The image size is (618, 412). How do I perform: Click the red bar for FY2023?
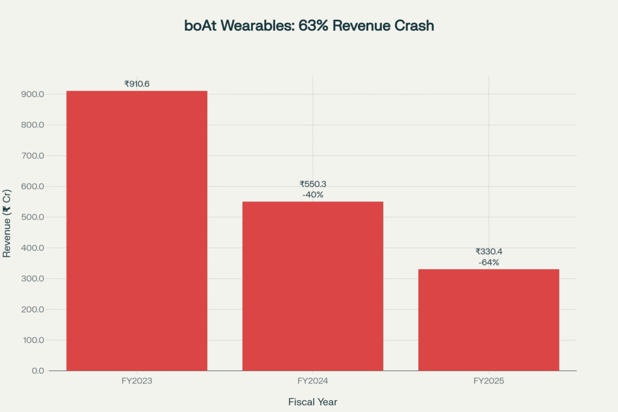tap(136, 230)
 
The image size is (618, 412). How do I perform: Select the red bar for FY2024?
tap(313, 286)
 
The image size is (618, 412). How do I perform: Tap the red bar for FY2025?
tap(488, 320)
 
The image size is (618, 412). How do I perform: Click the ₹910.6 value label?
tap(136, 84)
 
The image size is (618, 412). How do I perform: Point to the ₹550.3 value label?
tap(313, 184)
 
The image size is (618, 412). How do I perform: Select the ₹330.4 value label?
tap(489, 252)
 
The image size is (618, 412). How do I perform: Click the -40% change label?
tap(313, 195)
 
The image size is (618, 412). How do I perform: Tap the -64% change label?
tap(489, 262)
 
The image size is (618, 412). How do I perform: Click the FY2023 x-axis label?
tap(136, 381)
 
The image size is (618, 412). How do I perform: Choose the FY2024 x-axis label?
tap(313, 381)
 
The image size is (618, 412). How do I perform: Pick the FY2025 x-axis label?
tap(489, 381)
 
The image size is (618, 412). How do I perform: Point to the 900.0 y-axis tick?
tap(32, 94)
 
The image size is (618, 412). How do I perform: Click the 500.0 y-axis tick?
tap(32, 217)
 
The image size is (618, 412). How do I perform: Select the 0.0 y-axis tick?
tap(37, 370)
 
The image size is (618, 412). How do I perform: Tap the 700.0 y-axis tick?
tap(32, 156)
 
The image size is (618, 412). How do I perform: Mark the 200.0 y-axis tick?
tap(32, 309)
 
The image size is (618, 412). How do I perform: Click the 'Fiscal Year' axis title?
tap(313, 402)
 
